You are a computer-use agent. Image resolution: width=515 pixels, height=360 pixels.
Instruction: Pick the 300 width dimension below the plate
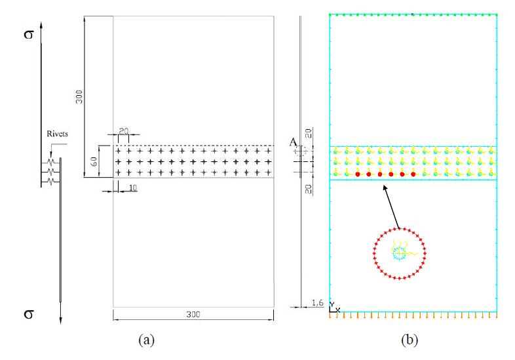pyautogui.click(x=193, y=315)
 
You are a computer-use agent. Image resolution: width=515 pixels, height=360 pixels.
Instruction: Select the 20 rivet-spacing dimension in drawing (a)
pyautogui.click(x=123, y=130)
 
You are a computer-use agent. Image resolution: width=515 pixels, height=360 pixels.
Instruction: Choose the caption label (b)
pyautogui.click(x=410, y=339)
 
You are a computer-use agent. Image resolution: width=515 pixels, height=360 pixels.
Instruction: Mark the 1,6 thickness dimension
pyautogui.click(x=317, y=302)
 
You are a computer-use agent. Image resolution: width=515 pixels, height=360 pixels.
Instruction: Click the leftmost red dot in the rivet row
pyautogui.click(x=358, y=174)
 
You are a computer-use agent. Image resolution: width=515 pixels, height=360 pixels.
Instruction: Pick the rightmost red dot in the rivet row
pyautogui.click(x=413, y=174)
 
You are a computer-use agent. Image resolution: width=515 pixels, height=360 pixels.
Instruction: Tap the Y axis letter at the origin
pyautogui.click(x=332, y=304)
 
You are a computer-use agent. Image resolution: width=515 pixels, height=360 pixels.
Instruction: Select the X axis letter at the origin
pyautogui.click(x=338, y=310)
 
